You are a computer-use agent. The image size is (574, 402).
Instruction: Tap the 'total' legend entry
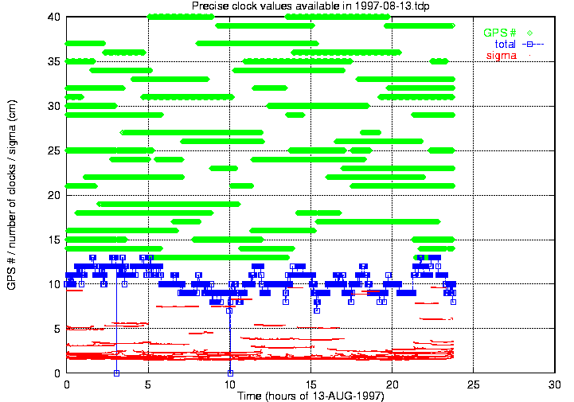(506, 44)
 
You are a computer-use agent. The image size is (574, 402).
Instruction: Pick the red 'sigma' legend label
(502, 55)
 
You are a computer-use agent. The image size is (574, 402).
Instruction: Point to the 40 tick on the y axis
(55, 17)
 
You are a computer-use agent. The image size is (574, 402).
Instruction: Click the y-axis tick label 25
(55, 150)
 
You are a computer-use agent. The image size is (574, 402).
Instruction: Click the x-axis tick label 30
(555, 384)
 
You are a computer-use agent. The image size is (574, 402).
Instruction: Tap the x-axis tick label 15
(310, 384)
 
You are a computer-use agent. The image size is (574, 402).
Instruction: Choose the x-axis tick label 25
(474, 384)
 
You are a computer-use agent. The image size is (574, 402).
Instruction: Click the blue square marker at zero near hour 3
(116, 373)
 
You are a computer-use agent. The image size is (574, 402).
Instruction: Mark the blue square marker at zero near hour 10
(230, 373)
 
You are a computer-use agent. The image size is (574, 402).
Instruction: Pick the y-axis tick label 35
(55, 61)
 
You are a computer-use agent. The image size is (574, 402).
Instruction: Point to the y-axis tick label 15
(55, 240)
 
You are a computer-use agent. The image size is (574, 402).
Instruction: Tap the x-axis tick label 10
(229, 384)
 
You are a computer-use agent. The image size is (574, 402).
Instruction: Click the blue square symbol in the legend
(528, 44)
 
